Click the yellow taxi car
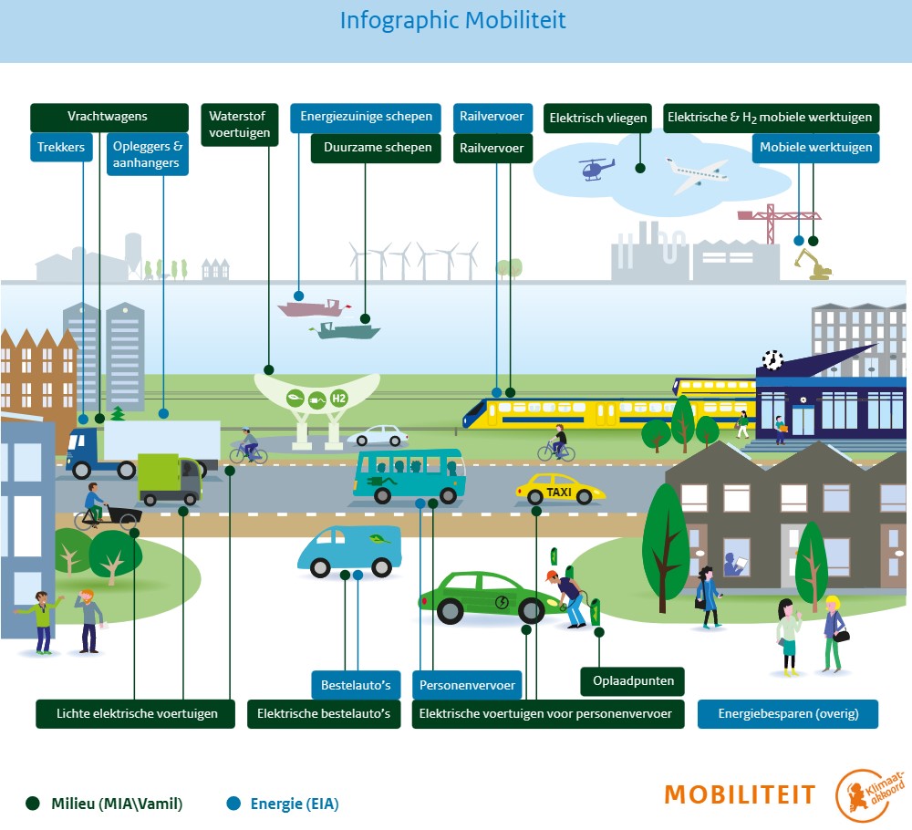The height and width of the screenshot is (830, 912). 559,491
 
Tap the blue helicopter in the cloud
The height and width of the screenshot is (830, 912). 596,168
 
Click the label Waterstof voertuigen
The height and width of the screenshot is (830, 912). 239,124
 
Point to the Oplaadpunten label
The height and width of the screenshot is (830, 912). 633,680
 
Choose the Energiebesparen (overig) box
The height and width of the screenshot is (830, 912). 787,713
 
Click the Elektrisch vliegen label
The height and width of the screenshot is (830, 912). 597,118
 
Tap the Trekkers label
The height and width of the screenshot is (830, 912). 61,147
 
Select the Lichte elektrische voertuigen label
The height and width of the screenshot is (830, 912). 136,713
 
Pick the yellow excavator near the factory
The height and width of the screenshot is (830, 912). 812,265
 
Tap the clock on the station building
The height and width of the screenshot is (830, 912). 772,359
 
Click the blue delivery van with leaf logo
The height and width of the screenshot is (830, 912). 349,550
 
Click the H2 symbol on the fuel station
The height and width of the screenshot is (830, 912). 339,399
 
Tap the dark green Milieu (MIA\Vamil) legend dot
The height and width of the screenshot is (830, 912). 33,803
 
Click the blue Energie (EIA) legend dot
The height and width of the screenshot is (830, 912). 233,803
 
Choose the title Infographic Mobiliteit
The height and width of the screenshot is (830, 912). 452,20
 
